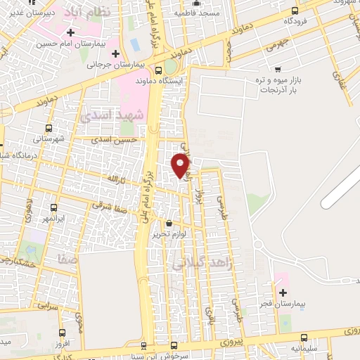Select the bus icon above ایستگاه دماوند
pos(159,70)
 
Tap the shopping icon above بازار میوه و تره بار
pos(278,70)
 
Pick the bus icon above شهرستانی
pos(49,128)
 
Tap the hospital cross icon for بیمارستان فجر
pos(283,292)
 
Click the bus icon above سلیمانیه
pos(304,337)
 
